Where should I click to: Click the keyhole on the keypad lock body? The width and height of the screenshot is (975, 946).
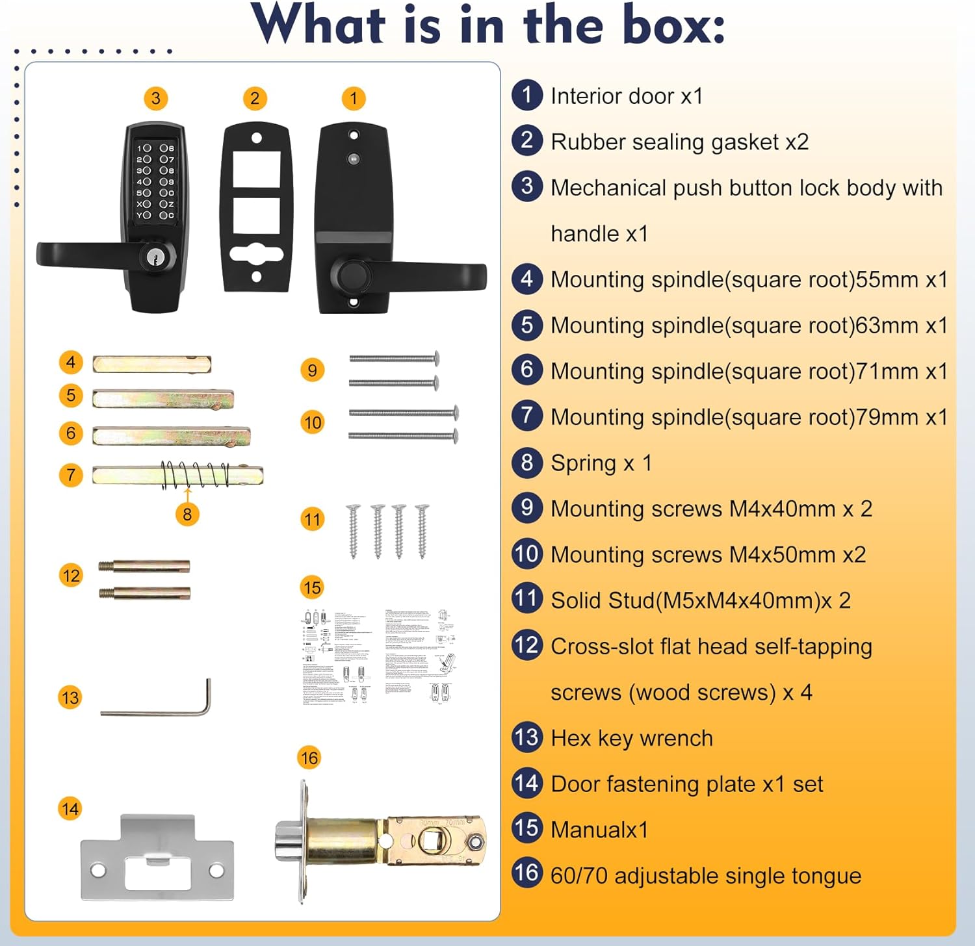[x=156, y=257]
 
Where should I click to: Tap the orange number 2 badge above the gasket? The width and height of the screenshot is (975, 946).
[x=255, y=99]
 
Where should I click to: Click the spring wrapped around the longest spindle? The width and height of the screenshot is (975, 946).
[x=195, y=475]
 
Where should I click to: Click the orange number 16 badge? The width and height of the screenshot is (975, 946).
[x=309, y=758]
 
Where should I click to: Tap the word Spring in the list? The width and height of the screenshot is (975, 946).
[x=583, y=463]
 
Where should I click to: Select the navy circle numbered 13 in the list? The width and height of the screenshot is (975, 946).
[x=526, y=737]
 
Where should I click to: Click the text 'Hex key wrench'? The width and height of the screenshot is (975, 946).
[x=631, y=739]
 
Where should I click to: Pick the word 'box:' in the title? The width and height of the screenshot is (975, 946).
[x=673, y=26]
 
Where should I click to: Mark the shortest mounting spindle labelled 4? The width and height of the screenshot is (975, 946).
[x=151, y=364]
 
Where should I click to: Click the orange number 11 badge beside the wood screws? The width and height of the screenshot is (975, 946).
[x=313, y=519]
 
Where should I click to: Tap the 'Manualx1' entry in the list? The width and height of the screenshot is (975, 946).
[x=599, y=830]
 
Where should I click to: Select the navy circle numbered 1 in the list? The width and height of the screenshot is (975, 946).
[x=526, y=95]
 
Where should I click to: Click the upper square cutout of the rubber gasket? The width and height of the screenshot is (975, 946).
[x=256, y=169]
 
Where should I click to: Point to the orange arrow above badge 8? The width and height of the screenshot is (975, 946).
[x=188, y=494]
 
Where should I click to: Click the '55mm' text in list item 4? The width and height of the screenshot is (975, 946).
[x=887, y=280]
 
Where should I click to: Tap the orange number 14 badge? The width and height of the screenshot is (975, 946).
[x=70, y=809]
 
